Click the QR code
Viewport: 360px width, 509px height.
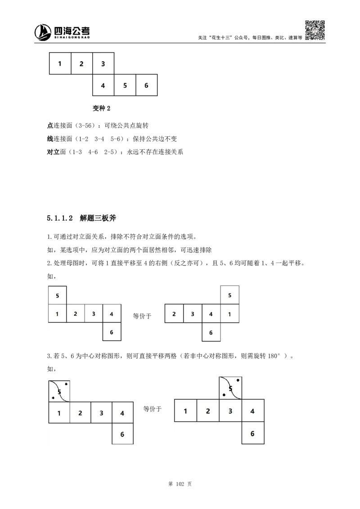[x=315, y=31]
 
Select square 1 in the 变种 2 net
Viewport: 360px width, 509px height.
[x=60, y=63]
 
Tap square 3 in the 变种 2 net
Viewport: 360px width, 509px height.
[x=103, y=63]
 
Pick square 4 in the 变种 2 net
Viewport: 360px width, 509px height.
[x=103, y=85]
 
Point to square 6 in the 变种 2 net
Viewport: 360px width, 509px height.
[x=146, y=85]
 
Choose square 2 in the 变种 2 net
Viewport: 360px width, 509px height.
[x=81, y=63]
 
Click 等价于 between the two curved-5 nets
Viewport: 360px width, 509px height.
[x=152, y=409]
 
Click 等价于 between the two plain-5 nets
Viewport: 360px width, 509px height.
[x=142, y=316]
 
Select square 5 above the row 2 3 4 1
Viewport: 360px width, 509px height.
[x=229, y=295]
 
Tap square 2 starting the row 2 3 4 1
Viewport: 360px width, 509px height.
[x=174, y=314]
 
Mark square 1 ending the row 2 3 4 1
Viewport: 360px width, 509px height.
[x=229, y=314]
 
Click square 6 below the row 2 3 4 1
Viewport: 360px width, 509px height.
[x=211, y=332]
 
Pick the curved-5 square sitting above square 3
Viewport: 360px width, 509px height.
[x=230, y=388]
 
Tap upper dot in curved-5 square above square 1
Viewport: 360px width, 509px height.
[x=67, y=384]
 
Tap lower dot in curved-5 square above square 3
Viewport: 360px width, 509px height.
[x=224, y=395]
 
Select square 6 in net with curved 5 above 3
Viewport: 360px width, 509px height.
[x=252, y=433]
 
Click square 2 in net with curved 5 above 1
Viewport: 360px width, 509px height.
[x=80, y=413]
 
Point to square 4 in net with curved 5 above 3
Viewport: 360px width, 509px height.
[x=252, y=411]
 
